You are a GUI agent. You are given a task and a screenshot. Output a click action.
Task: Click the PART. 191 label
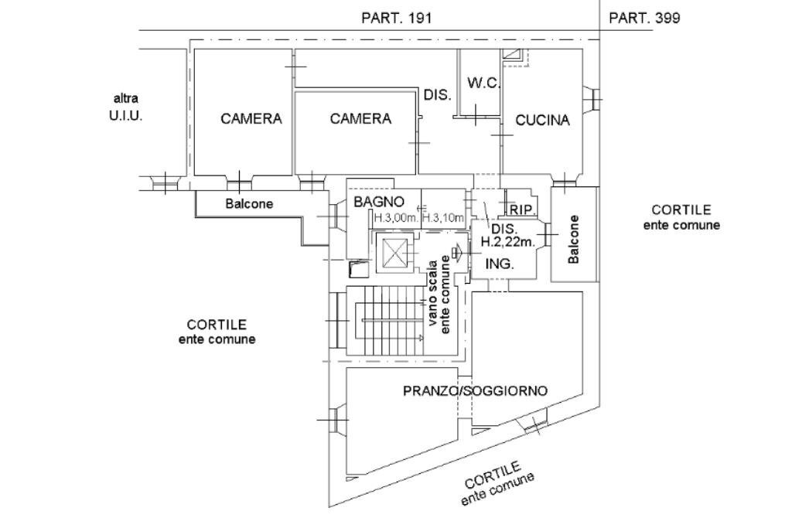click(x=396, y=18)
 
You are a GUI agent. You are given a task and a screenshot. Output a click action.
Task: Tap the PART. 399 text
click(x=644, y=18)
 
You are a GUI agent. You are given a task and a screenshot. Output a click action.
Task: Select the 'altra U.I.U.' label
click(x=126, y=108)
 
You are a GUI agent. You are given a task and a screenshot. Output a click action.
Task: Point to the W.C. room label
click(x=484, y=83)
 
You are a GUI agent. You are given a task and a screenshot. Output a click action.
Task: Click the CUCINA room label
click(x=542, y=120)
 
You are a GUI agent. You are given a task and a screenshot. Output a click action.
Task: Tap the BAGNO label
click(x=379, y=202)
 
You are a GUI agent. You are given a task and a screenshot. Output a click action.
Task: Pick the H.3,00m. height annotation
click(x=396, y=218)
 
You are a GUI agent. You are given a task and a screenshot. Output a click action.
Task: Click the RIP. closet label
click(x=522, y=209)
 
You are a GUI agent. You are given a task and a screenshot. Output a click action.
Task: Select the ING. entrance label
click(x=500, y=264)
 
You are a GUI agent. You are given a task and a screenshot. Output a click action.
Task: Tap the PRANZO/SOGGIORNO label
click(x=475, y=390)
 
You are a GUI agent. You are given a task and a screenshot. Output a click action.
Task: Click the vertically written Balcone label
click(x=573, y=239)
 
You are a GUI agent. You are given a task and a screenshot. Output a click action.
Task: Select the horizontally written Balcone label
click(x=249, y=204)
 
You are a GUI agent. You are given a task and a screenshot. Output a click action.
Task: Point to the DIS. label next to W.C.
click(x=437, y=95)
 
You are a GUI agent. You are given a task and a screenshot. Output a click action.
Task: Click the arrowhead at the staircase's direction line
click(x=420, y=338)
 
